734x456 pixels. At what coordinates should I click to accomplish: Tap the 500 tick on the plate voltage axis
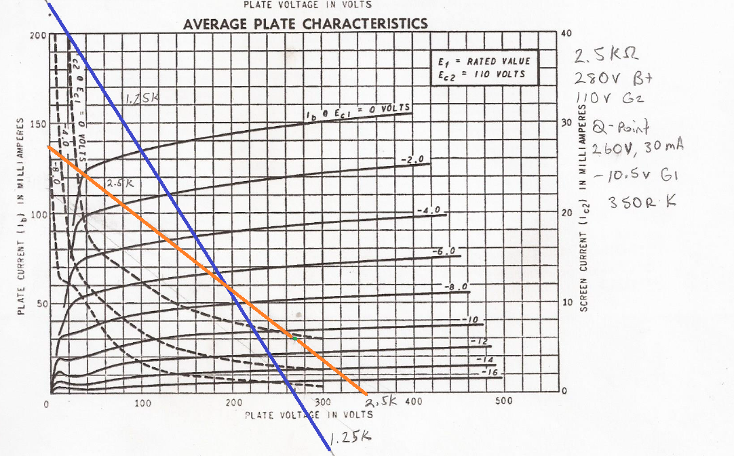tap(504, 401)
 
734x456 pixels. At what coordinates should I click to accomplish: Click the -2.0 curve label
tap(412, 159)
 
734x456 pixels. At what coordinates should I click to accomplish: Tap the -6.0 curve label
tap(446, 252)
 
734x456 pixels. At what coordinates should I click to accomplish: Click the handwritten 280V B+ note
tap(609, 77)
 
